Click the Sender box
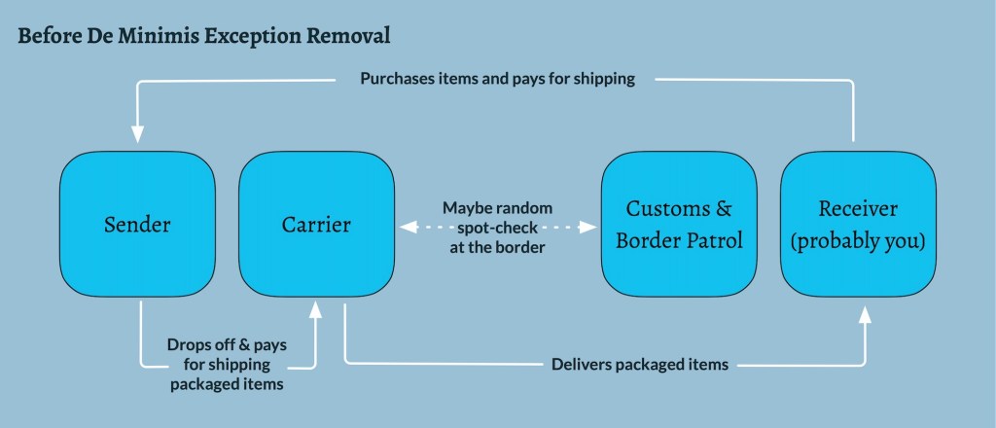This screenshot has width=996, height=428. (136, 225)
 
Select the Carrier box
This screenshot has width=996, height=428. (316, 225)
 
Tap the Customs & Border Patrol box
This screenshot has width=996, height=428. (679, 225)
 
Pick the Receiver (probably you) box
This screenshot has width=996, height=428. (859, 225)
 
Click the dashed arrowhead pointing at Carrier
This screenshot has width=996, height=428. (407, 227)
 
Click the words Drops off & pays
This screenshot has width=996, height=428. (227, 346)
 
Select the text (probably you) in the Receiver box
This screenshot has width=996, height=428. (859, 240)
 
